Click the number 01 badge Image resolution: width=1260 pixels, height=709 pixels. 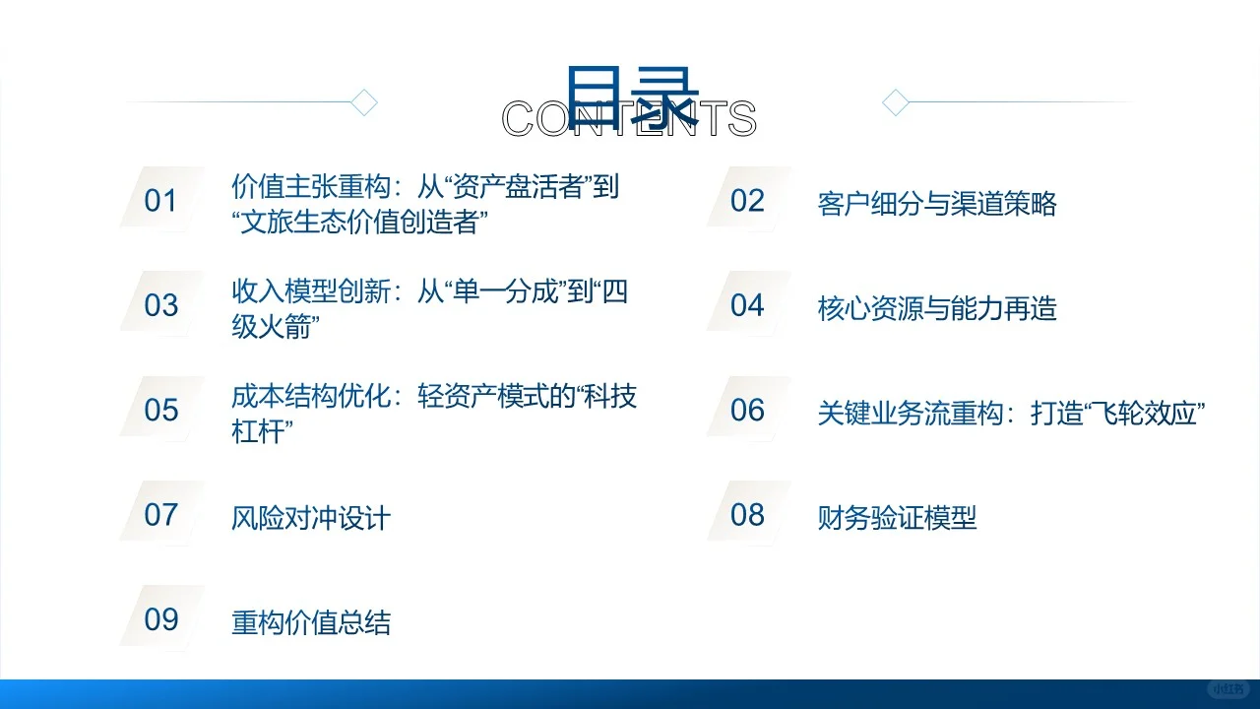[x=160, y=201]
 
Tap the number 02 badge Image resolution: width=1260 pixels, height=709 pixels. [x=747, y=201]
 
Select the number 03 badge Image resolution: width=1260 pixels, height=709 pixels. [x=160, y=305]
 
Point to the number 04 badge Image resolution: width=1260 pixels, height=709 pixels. [x=747, y=305]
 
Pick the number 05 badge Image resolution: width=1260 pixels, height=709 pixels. [x=160, y=410]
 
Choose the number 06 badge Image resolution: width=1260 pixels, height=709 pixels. [x=747, y=410]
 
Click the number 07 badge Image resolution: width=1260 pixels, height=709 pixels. [x=160, y=514]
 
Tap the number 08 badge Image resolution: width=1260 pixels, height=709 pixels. [x=747, y=514]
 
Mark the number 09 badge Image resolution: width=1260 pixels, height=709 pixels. [x=160, y=619]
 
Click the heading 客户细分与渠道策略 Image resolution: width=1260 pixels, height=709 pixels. [x=937, y=204]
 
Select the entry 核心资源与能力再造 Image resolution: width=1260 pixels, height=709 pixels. [x=937, y=308]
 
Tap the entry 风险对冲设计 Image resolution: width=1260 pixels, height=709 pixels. [x=311, y=518]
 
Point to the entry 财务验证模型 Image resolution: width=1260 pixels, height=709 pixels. [x=897, y=518]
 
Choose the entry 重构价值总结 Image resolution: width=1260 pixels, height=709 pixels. [x=311, y=622]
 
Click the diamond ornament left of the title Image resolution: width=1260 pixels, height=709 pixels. [x=365, y=102]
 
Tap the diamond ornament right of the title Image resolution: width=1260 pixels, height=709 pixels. [x=895, y=102]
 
